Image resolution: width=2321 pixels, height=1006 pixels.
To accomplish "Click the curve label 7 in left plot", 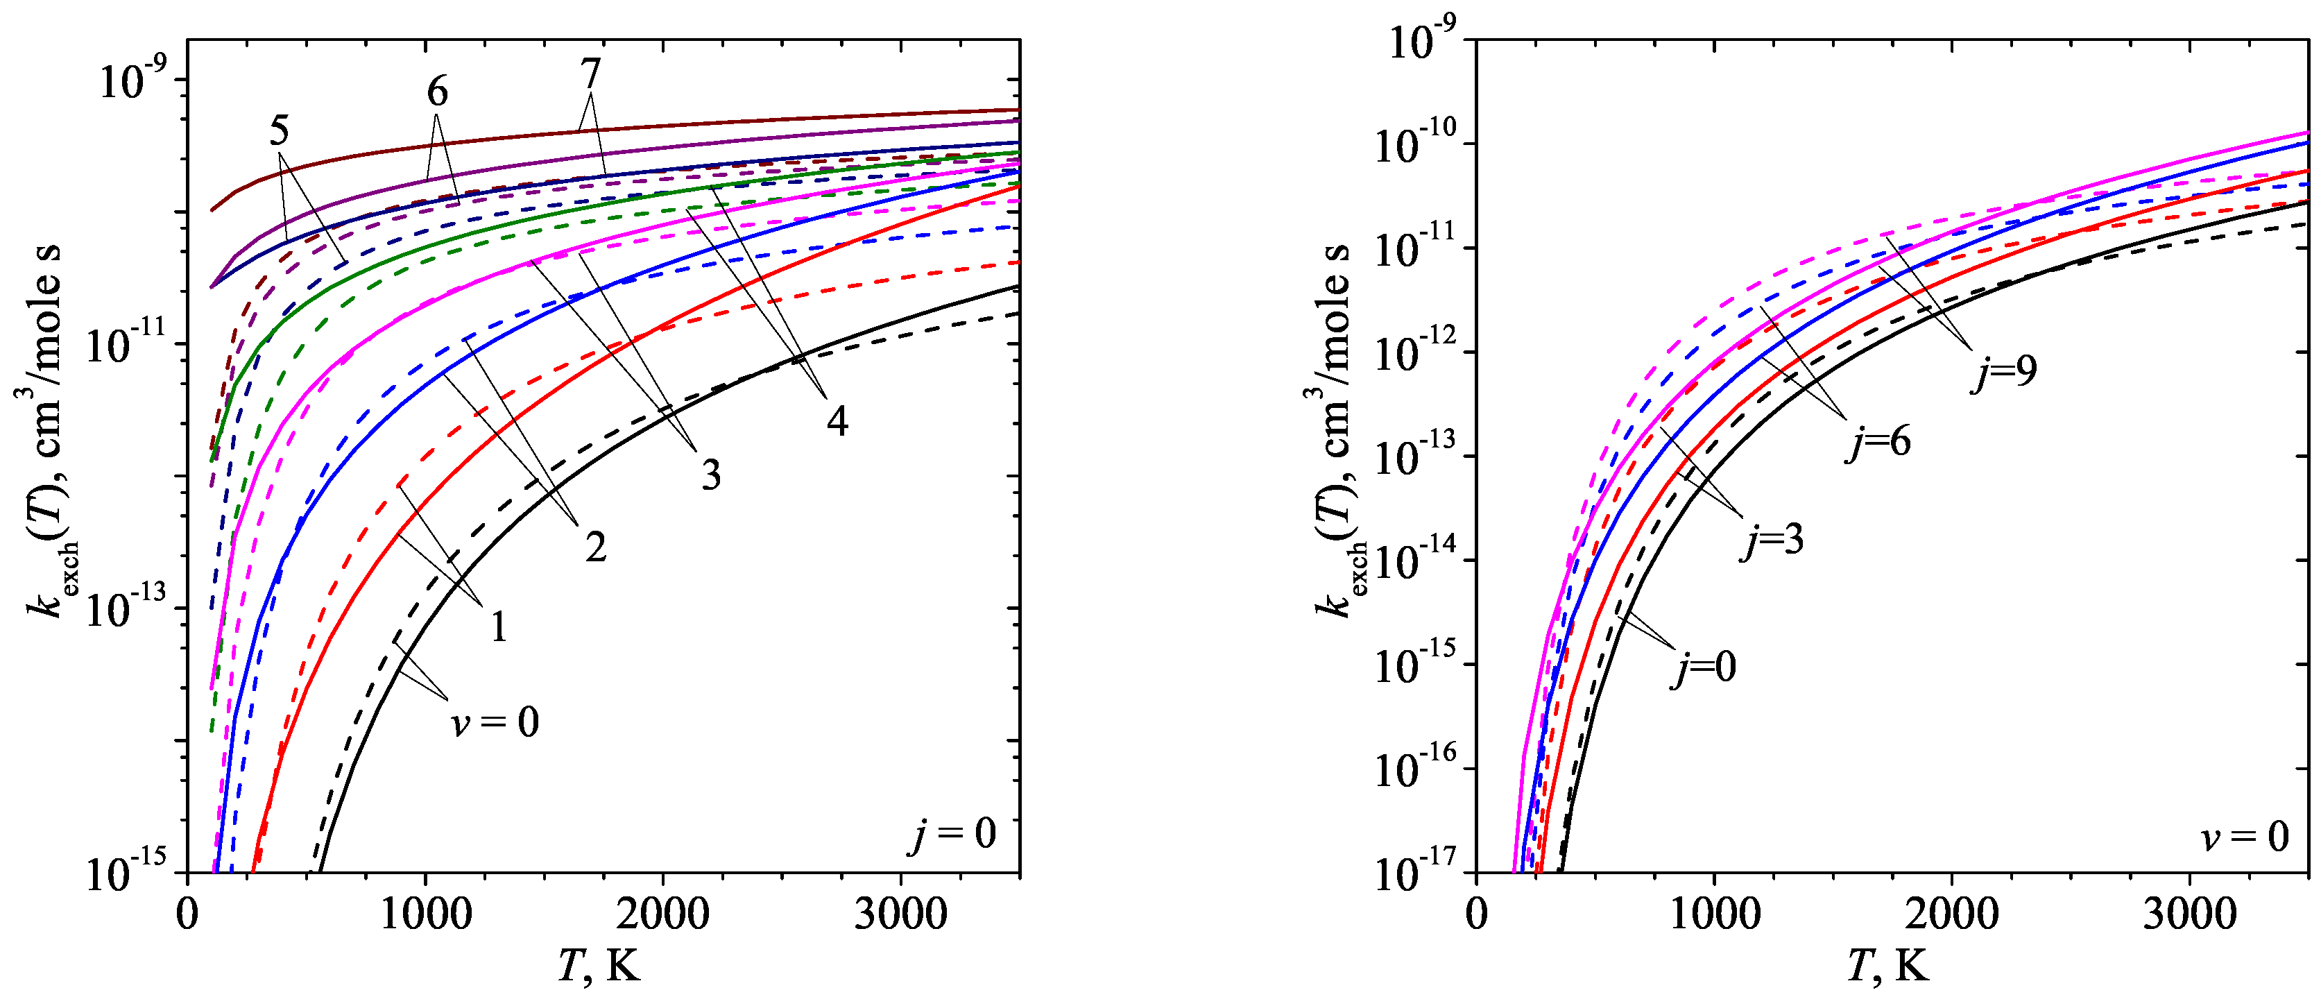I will (590, 73).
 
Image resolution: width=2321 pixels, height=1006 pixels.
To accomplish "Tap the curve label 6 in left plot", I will (437, 91).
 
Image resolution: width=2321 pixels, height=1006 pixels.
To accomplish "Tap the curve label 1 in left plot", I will (498, 626).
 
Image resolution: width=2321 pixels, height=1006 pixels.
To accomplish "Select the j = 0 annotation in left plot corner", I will (952, 834).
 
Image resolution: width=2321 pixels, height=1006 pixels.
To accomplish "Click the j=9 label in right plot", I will (2003, 370).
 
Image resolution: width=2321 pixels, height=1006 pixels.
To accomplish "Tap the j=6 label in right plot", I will (1878, 442).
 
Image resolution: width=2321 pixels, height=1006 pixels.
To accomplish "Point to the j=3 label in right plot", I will (1772, 540).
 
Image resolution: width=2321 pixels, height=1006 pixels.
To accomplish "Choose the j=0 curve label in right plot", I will (1703, 667).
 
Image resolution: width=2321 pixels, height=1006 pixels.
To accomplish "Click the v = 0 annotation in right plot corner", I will (2243, 837).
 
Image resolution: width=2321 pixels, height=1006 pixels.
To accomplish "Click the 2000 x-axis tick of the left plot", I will (663, 914).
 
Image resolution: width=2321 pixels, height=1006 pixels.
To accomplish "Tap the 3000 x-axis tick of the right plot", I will (2189, 914).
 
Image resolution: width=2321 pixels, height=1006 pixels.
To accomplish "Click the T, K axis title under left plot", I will (599, 967).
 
